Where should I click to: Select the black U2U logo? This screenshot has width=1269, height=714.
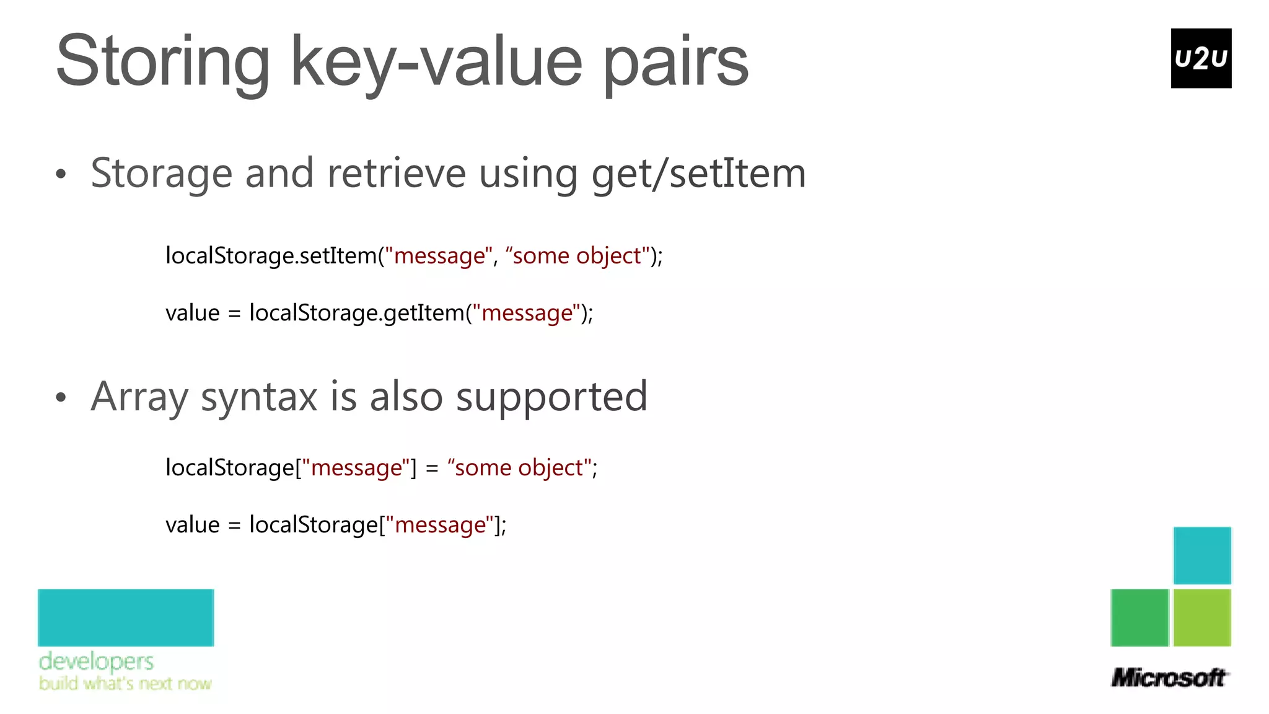click(1201, 58)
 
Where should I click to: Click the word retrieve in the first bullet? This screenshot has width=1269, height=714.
click(397, 173)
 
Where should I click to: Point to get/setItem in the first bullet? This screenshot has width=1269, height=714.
click(698, 174)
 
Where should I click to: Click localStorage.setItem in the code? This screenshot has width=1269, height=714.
click(271, 255)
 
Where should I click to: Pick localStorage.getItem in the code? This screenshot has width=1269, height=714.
click(357, 313)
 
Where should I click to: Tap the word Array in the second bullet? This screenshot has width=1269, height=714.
click(139, 397)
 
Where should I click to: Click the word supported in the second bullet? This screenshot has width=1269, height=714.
click(551, 397)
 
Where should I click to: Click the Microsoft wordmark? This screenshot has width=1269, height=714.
click(1169, 677)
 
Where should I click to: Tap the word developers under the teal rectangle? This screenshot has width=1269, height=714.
click(96, 661)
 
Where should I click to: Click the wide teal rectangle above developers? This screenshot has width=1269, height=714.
click(126, 617)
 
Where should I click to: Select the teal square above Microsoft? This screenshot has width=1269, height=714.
click(1202, 555)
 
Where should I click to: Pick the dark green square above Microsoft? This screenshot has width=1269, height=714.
click(1139, 617)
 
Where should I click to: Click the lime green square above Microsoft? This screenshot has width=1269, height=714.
click(1202, 617)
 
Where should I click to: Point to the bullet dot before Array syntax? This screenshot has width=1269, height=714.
click(60, 397)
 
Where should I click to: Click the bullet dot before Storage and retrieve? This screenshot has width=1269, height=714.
click(60, 174)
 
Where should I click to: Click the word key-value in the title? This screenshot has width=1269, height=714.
click(437, 62)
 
